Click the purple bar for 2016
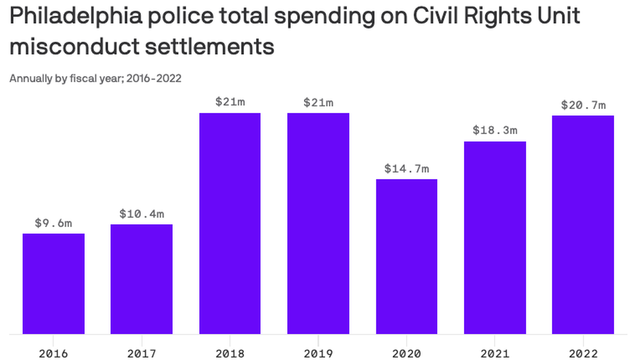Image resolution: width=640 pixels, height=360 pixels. pos(53,284)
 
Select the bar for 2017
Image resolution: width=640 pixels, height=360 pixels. pos(141,279)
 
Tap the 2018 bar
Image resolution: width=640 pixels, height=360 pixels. pos(230,224)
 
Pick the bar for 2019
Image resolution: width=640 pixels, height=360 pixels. pos(318,224)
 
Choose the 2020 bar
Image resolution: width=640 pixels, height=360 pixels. pos(406,256)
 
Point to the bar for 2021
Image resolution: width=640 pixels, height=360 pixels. pos(495,238)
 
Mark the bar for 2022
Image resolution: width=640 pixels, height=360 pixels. pos(583,225)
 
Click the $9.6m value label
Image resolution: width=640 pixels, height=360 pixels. pos(53,223)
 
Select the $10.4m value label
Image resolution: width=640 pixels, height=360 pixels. pos(141,214)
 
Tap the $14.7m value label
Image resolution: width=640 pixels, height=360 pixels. pos(406,169)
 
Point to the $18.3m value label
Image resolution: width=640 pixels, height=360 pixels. pos(495,130)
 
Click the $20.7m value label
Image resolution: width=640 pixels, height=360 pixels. pos(583,105)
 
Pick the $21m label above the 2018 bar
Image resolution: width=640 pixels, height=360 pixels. pos(230,102)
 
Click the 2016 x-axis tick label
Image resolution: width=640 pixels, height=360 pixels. pos(53,352)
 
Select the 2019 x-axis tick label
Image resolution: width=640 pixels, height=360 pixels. pos(318,352)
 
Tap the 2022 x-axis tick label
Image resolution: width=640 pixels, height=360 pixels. pos(583,352)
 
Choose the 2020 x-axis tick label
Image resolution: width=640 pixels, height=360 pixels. pos(406,352)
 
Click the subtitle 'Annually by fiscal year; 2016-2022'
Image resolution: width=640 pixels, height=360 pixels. pos(95,78)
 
